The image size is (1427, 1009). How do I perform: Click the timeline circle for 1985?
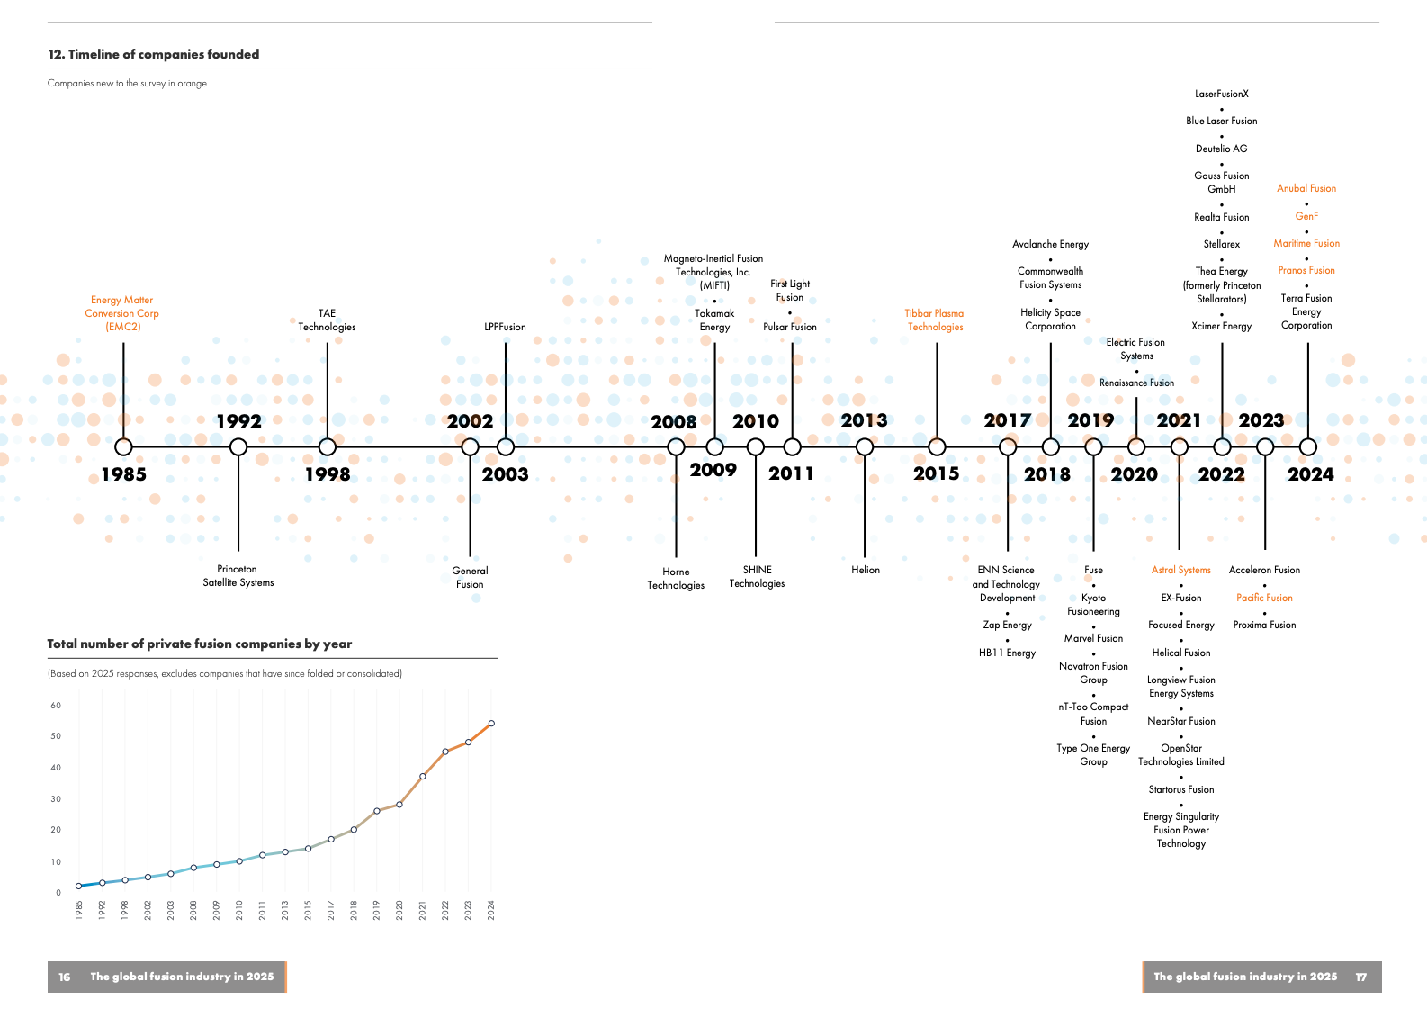click(123, 446)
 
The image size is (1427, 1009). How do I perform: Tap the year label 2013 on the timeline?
click(864, 420)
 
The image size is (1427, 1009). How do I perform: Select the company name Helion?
click(866, 570)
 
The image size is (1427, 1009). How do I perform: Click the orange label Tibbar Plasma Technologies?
click(935, 320)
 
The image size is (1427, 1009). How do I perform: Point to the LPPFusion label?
click(505, 327)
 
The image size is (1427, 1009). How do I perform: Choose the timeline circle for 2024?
click(1307, 446)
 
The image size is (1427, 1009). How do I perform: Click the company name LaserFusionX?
click(1221, 94)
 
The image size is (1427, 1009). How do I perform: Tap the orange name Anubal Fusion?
click(1306, 188)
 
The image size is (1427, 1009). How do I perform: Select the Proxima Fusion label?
click(1264, 625)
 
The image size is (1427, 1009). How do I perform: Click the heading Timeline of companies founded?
click(154, 54)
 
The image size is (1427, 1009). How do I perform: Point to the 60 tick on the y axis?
click(56, 706)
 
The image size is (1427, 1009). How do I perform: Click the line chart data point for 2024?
click(491, 723)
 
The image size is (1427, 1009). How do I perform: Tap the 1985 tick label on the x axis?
click(79, 910)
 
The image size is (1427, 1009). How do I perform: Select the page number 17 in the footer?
click(1360, 977)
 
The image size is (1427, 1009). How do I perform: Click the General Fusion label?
click(470, 577)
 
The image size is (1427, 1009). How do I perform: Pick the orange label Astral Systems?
click(1180, 570)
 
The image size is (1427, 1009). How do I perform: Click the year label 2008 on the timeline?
click(673, 421)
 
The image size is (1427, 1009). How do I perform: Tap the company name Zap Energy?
click(1007, 625)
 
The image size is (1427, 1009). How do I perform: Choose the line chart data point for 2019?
click(377, 811)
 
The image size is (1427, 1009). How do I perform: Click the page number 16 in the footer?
click(65, 977)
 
